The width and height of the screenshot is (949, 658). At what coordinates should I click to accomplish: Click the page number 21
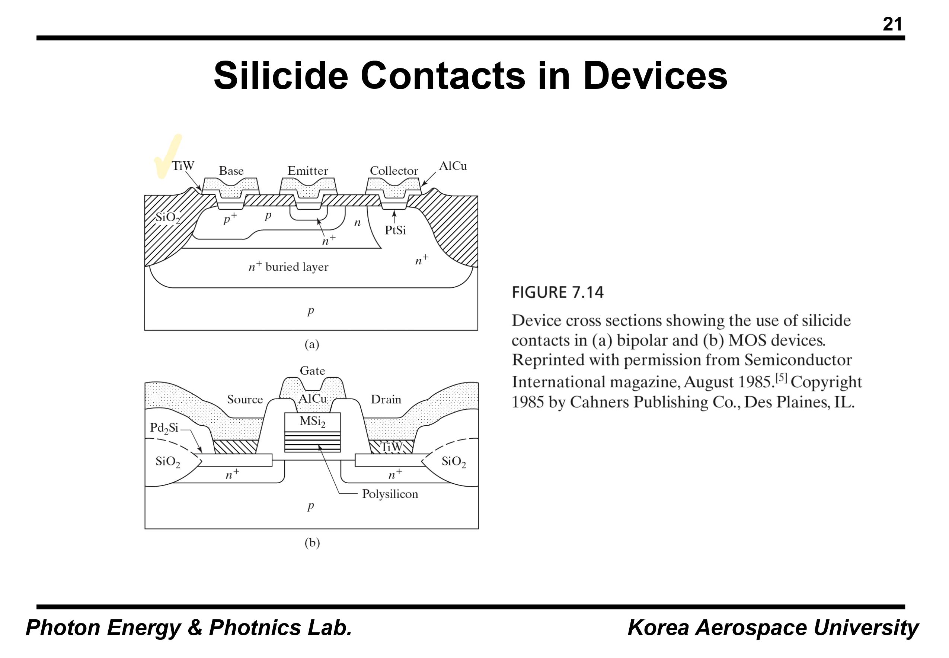tap(892, 24)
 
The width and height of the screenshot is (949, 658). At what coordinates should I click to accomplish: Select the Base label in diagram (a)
tap(231, 171)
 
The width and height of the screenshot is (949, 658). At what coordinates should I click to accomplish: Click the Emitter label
tap(307, 171)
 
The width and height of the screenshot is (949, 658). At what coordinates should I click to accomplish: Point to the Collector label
tap(394, 171)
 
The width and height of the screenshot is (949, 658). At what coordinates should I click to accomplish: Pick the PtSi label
tap(395, 230)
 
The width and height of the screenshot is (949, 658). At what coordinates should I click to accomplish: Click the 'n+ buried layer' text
tap(288, 267)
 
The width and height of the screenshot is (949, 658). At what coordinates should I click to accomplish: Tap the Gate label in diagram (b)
tap(312, 371)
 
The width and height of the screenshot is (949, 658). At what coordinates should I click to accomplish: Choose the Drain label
tap(386, 399)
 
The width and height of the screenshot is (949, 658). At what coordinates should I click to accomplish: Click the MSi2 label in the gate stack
tap(312, 421)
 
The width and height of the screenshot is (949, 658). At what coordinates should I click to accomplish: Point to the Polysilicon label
tap(390, 494)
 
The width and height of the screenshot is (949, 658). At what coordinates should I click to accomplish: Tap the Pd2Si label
tap(164, 428)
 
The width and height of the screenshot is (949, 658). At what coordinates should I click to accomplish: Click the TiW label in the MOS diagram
tap(391, 447)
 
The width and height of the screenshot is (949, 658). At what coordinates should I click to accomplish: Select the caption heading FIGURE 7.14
tap(557, 292)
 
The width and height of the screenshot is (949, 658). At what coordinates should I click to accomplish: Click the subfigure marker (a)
tap(312, 344)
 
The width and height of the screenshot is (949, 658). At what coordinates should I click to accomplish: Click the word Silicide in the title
tap(281, 76)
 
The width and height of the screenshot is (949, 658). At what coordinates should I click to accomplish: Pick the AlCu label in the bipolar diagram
tap(453, 166)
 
